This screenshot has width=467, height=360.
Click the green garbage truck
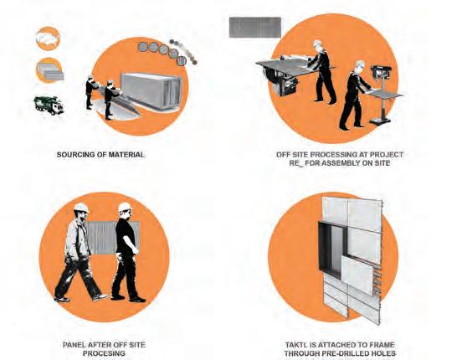pyautogui.click(x=49, y=105)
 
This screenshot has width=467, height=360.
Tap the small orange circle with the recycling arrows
pyautogui.click(x=49, y=39)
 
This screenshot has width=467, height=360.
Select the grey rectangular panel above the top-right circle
pyautogui.click(x=255, y=28)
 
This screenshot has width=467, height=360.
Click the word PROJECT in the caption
pyautogui.click(x=387, y=155)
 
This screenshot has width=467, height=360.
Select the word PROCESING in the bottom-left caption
pyautogui.click(x=104, y=353)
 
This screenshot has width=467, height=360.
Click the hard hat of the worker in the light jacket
pyautogui.click(x=81, y=208)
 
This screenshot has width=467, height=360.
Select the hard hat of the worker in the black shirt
pyautogui.click(x=125, y=207)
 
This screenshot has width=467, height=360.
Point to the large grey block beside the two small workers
pyautogui.click(x=151, y=90)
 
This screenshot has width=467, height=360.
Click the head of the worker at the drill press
pyautogui.click(x=360, y=67)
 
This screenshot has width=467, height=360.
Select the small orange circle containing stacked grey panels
pyautogui.click(x=49, y=70)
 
